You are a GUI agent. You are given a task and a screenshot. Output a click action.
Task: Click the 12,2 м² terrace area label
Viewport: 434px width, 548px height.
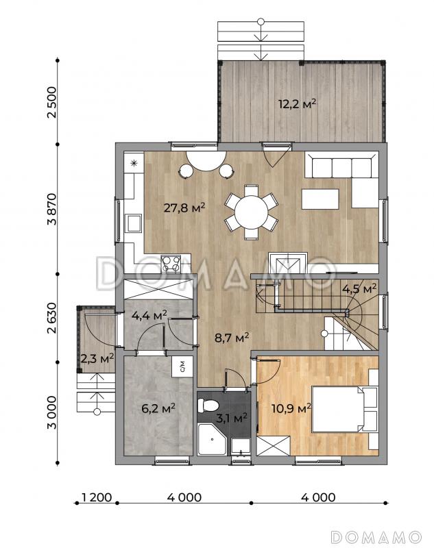298,104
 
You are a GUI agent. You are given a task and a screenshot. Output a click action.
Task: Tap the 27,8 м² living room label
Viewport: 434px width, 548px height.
184,208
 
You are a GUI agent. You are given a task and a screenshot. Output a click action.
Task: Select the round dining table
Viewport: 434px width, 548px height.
252,212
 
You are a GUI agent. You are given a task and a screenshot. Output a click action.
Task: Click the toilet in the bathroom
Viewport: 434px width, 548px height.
208,406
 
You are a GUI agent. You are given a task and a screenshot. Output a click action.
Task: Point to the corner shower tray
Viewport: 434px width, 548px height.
212,439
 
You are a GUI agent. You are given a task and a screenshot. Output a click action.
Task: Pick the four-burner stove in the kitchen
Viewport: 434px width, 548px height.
171,264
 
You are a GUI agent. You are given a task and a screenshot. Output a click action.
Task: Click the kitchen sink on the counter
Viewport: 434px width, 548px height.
134,223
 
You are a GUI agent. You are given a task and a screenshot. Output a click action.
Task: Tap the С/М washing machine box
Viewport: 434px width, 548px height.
182,366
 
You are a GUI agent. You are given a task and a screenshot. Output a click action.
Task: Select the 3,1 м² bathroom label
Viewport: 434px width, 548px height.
232,418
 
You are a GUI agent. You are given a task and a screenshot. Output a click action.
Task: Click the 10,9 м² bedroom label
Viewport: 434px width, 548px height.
291,408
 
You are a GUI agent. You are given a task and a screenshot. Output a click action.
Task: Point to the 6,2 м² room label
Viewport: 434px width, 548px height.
158,408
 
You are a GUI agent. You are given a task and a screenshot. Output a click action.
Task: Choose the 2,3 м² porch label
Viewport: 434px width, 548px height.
97,358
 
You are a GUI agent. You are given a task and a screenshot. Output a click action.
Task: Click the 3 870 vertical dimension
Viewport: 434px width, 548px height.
51,210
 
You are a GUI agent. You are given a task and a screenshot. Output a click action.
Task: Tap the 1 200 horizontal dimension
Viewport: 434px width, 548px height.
96,497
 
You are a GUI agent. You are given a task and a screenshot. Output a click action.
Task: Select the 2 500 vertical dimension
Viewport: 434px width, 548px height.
51,102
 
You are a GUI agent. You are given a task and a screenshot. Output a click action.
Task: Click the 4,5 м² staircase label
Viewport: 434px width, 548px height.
359,289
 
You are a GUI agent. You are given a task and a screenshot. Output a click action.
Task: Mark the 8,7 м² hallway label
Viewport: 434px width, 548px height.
232,338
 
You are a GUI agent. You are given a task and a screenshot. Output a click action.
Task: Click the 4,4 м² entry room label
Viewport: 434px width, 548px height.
149,316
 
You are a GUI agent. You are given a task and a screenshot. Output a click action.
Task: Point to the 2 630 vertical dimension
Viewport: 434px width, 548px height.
51,318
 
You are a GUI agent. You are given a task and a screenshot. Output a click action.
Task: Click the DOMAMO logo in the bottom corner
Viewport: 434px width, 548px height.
376,536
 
